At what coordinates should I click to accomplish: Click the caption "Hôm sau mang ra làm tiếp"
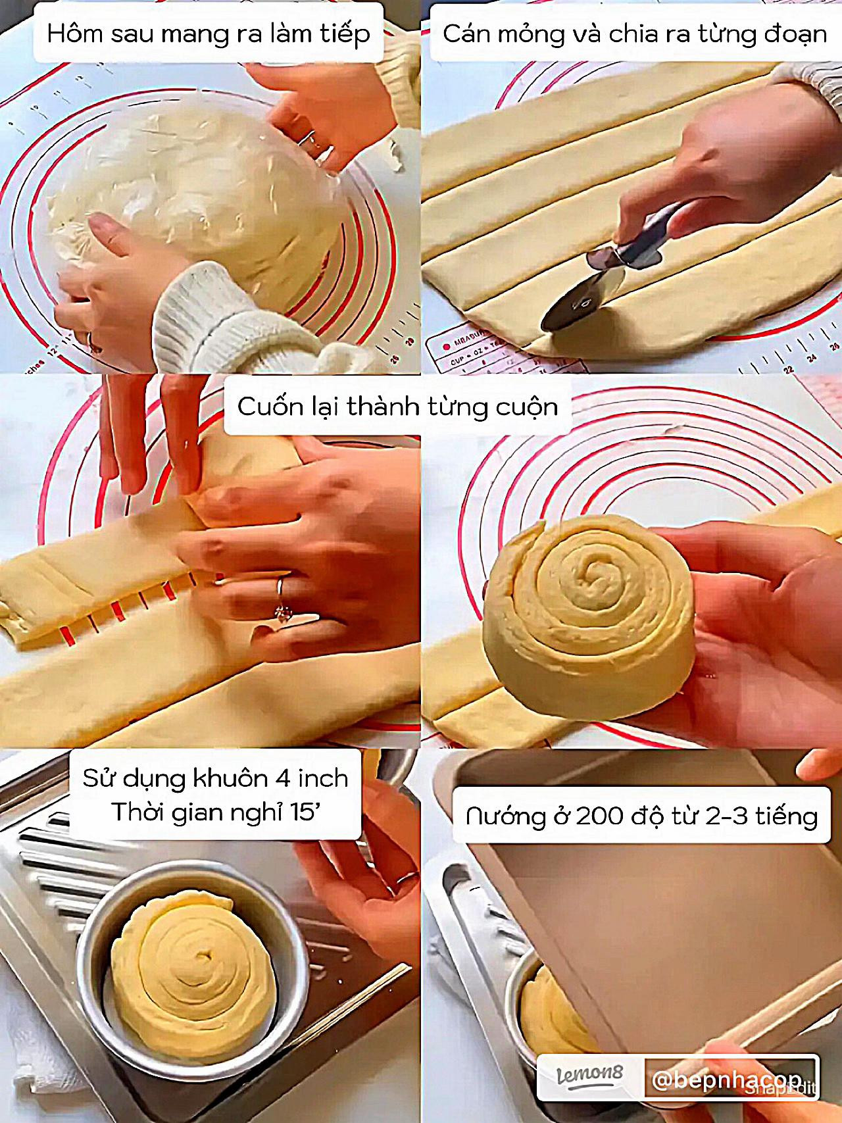[209, 34]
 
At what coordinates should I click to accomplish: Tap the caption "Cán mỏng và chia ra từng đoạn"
[634, 34]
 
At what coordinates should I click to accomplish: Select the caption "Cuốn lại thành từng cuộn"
[397, 407]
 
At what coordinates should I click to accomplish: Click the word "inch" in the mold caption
[322, 778]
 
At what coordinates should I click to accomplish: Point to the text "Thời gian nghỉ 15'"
[214, 812]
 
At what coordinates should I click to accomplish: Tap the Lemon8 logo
[590, 1076]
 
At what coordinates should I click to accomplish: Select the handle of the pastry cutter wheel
[648, 237]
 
